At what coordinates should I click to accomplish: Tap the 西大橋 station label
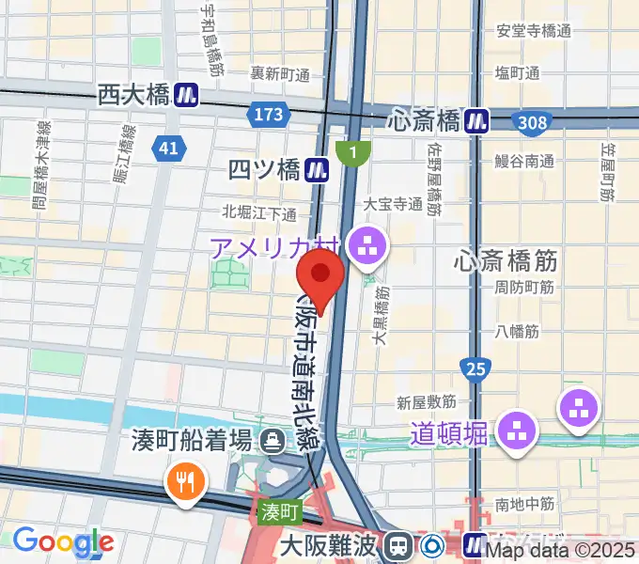132,94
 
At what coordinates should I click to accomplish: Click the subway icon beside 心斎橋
480,120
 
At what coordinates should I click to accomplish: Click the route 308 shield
532,122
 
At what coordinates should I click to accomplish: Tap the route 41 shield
168,148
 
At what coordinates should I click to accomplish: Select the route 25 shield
475,369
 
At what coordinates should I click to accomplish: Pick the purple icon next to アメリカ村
366,248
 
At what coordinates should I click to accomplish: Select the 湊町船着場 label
195,439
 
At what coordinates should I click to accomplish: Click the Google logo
63,541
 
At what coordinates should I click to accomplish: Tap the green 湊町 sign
279,512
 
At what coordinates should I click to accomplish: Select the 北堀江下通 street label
259,213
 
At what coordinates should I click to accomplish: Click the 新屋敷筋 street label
427,402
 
